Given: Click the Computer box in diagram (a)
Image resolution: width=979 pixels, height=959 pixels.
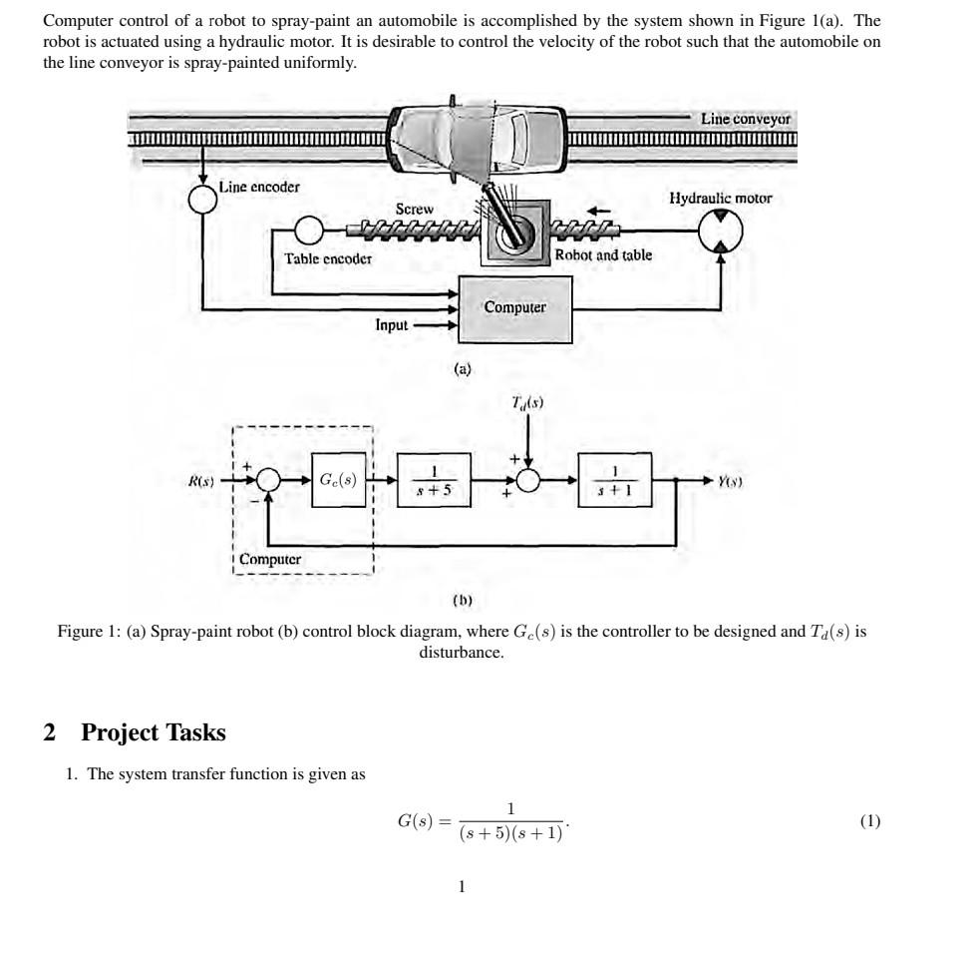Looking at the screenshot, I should [x=515, y=308].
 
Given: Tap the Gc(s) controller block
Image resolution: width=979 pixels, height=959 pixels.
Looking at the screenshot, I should [x=339, y=481].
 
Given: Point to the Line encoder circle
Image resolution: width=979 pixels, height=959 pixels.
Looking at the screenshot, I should [x=203, y=200].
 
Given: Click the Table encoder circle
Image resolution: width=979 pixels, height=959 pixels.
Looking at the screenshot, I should [x=310, y=233].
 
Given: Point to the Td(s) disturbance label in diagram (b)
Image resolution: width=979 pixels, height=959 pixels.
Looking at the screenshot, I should [x=527, y=401].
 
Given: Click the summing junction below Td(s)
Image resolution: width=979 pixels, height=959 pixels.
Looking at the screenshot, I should [x=528, y=481].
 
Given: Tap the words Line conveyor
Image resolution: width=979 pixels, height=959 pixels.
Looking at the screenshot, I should [x=746, y=119].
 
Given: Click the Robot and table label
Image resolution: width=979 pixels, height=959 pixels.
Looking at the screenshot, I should [x=604, y=255].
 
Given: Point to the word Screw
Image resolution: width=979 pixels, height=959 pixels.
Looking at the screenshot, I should [x=415, y=209].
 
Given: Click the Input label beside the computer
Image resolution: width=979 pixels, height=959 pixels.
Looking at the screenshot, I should [x=392, y=324].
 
